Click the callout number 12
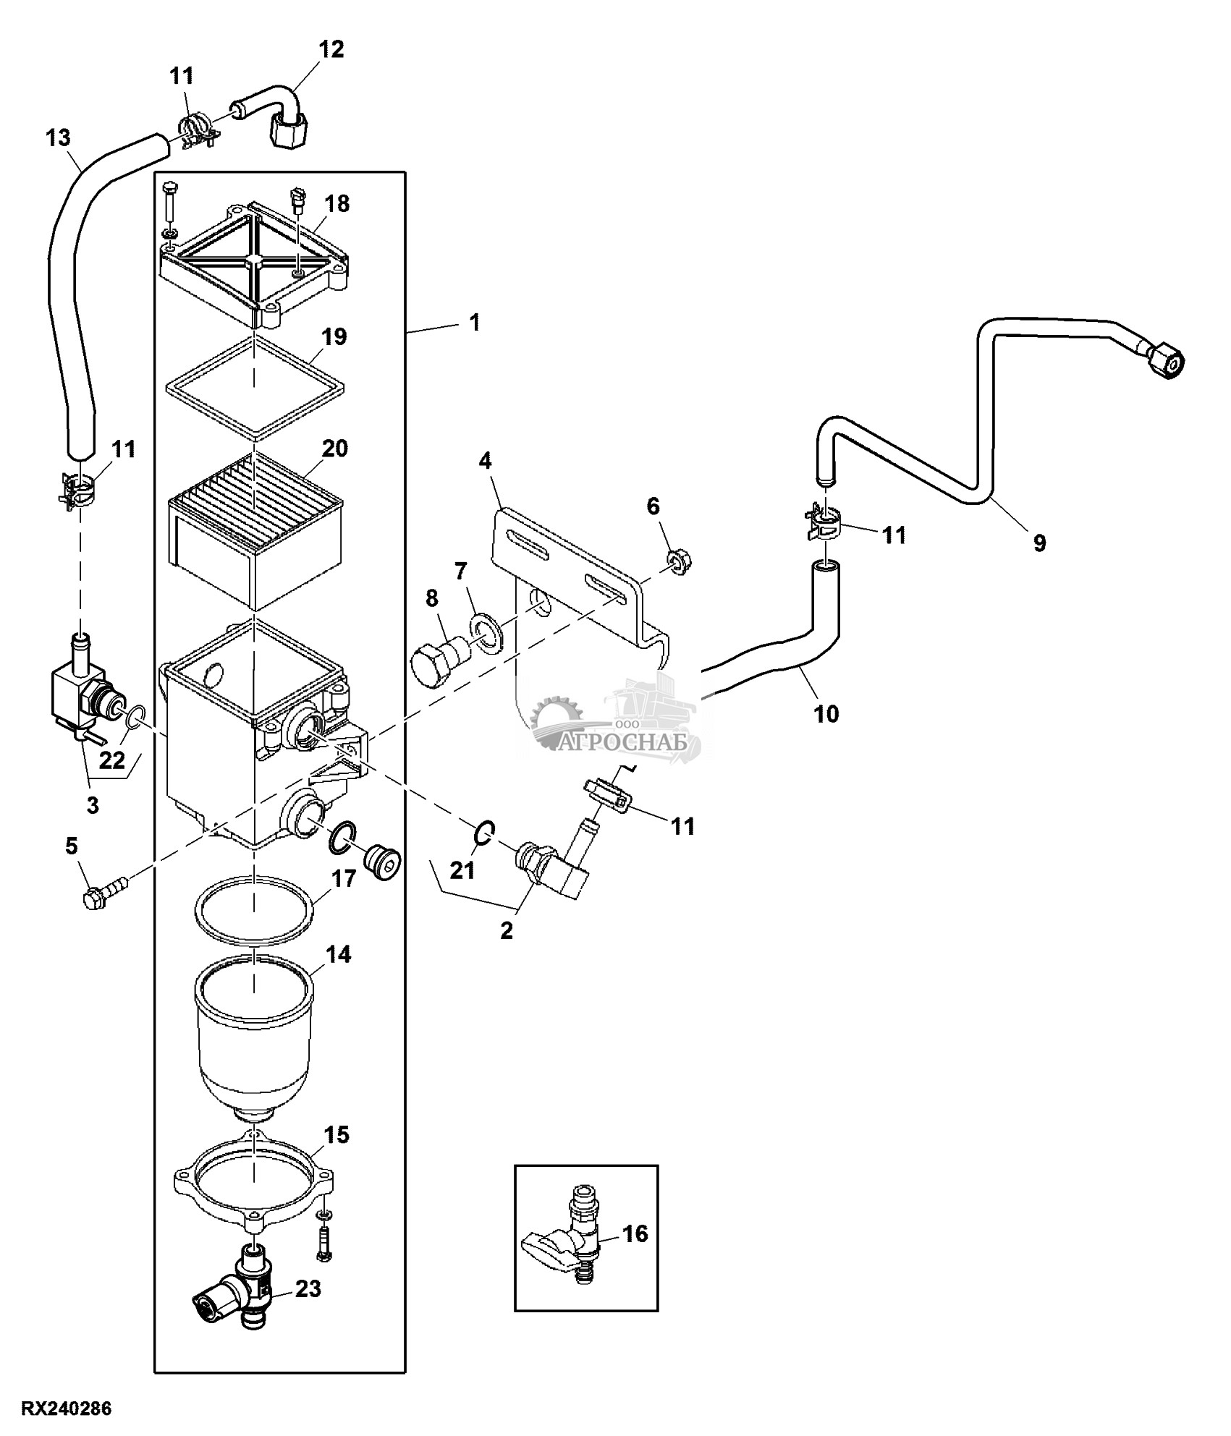coord(331,49)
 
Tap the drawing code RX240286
coord(67,1409)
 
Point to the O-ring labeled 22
coord(132,721)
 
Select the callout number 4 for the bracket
coord(485,460)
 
